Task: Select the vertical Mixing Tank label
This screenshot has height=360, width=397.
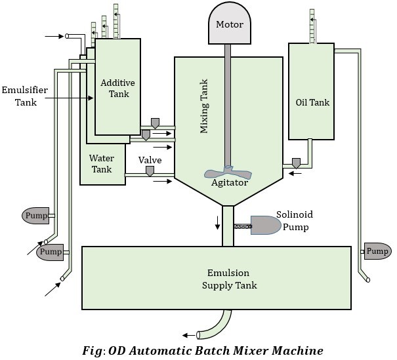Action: (x=204, y=108)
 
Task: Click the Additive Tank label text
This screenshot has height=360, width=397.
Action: (x=117, y=88)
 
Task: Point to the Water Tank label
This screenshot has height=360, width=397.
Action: (x=101, y=163)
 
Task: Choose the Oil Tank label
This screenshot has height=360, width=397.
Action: (x=312, y=102)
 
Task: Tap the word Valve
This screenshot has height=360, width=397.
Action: (x=150, y=160)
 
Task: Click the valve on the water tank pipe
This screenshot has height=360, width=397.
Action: (x=150, y=171)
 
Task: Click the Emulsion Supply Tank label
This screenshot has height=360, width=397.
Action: (x=229, y=279)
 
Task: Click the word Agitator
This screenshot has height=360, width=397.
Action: (x=229, y=183)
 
